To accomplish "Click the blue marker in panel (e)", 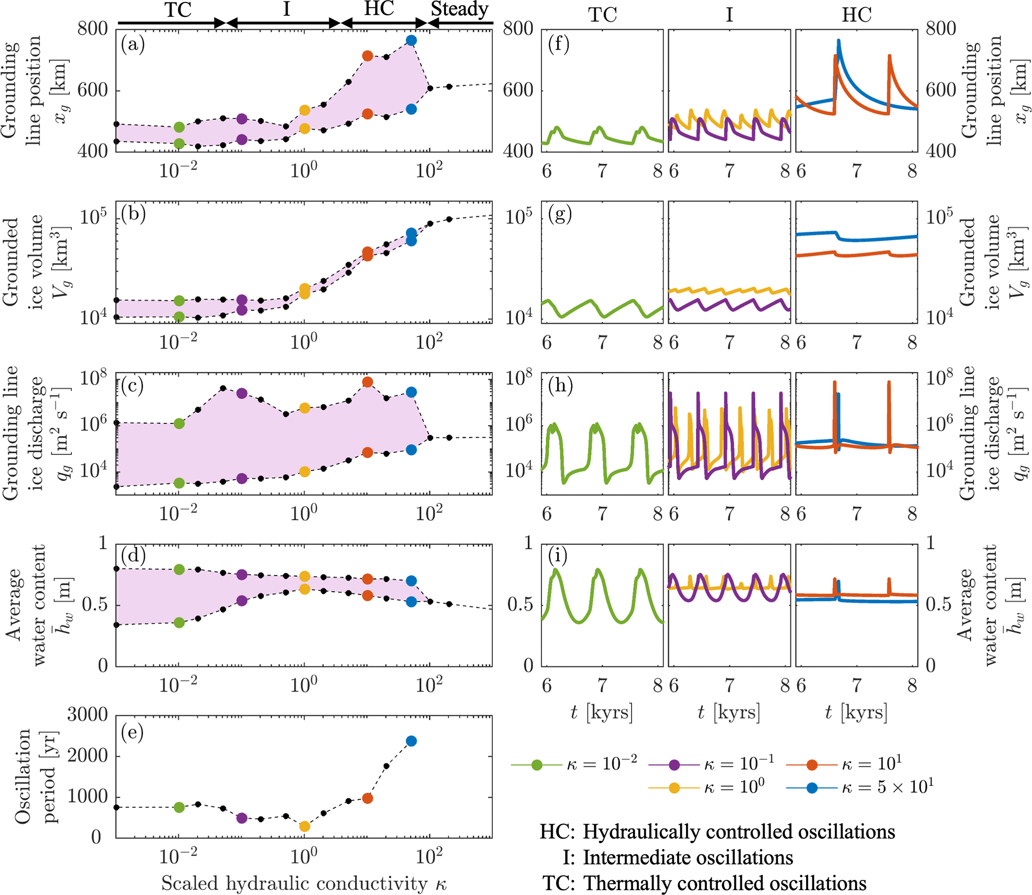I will [x=411, y=741].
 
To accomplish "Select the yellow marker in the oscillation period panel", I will [x=304, y=827].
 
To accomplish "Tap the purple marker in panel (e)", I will [x=242, y=818].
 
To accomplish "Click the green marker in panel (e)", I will [x=179, y=808].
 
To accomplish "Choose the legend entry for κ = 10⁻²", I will [x=575, y=765].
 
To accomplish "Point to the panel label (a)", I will [x=132, y=45].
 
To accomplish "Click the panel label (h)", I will [x=560, y=385].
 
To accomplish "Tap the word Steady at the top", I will [x=459, y=9].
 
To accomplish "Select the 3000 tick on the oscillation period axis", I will [x=87, y=715].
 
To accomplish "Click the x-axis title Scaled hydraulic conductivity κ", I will [x=304, y=883].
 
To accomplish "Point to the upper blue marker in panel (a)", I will [x=411, y=40].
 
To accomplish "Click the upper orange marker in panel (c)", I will [x=367, y=382].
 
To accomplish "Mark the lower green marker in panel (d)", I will [x=179, y=623].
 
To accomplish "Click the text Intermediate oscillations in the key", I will [x=688, y=858].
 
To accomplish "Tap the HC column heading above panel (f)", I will [x=857, y=15].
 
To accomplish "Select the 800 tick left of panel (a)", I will [x=92, y=29].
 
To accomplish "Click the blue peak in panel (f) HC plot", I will [x=838, y=41].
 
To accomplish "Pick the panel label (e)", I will [x=132, y=732].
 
